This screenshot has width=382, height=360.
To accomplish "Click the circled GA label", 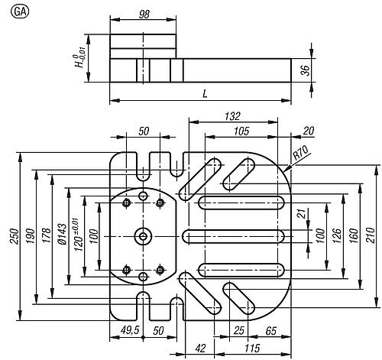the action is point(20,12).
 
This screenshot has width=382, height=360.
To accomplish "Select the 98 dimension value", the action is point(144,15).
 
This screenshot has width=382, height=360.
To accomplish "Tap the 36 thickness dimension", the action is point(305,70).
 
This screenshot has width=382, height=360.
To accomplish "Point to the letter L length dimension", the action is point(205,94).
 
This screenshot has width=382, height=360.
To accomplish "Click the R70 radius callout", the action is point(300,153).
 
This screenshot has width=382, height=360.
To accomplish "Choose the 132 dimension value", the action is point(232,116).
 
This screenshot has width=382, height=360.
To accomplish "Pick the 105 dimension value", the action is point(241,131).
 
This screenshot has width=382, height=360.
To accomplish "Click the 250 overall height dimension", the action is point(15,236).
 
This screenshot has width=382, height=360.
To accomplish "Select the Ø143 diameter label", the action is point(62,234).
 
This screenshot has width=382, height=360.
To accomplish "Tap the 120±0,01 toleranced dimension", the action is point(79,235).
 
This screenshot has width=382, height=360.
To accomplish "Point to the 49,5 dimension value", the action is point(130,330).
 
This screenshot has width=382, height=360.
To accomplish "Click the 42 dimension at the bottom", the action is point(200,349).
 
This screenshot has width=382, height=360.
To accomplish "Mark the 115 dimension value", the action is point(252,349).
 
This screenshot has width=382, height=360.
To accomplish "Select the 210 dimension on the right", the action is point(371,235).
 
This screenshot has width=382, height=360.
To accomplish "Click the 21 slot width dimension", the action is point(302,213).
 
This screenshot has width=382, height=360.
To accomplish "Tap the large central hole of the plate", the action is point(143,237).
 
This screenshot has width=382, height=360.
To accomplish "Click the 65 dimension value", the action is point(270,331).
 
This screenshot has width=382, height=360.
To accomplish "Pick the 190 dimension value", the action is point(31,236).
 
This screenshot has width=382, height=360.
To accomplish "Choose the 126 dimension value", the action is point(337,236).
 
